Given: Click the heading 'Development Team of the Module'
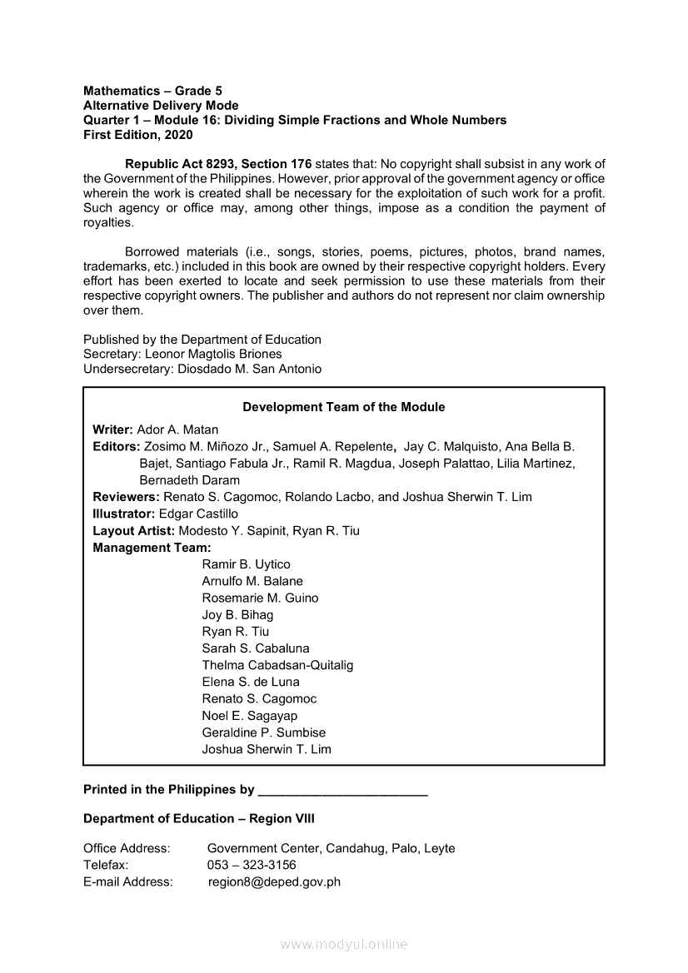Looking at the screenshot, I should [343, 407].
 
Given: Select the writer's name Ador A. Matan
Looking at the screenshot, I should [177, 429].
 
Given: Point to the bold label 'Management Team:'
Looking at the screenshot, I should [152, 548].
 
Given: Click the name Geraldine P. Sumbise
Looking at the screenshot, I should [263, 732].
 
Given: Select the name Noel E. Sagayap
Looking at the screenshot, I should [249, 716].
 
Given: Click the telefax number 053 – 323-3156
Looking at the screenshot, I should [252, 865].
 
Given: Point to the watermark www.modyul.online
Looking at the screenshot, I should [344, 945].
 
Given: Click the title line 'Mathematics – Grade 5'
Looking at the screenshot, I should [152, 90].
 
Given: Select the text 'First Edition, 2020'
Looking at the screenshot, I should [137, 135].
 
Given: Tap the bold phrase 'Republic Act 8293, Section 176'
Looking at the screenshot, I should [218, 164].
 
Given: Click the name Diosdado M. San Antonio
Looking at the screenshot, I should [249, 369].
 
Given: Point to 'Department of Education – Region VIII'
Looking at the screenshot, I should [199, 819].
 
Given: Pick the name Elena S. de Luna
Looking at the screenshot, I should [251, 682].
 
